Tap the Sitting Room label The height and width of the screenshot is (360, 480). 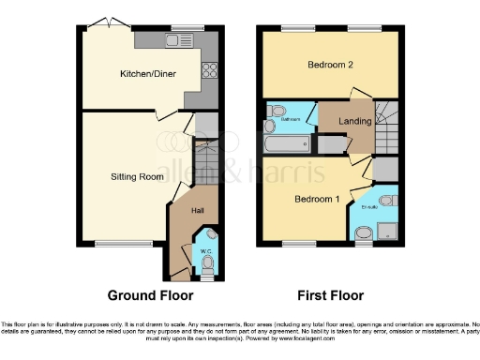point(138,175)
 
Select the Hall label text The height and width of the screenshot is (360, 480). point(198,211)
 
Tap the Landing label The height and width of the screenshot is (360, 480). point(354,122)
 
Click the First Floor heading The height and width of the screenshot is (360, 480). point(331,294)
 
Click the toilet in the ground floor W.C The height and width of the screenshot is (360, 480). point(207,266)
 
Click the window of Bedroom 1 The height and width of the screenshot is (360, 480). point(298,245)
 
